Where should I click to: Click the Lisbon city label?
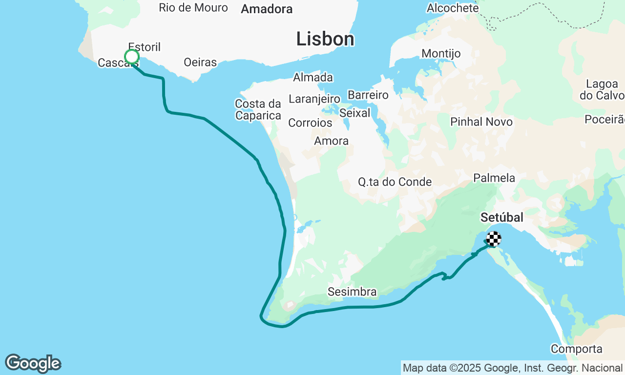pyautogui.click(x=325, y=39)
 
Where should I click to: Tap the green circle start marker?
pyautogui.click(x=132, y=57)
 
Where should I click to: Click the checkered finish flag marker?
pyautogui.click(x=494, y=239)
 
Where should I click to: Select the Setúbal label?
pyautogui.click(x=501, y=217)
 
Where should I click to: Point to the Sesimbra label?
pyautogui.click(x=352, y=292)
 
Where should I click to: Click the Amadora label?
pyautogui.click(x=267, y=9)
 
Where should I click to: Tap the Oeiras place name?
pyautogui.click(x=200, y=62)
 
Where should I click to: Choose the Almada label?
pyautogui.click(x=313, y=77)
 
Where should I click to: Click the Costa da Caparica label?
pyautogui.click(x=258, y=110)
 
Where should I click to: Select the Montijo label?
pyautogui.click(x=441, y=53)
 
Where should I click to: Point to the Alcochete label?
pyautogui.click(x=453, y=8)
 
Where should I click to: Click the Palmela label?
pyautogui.click(x=494, y=178)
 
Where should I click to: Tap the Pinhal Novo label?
pyautogui.click(x=481, y=122)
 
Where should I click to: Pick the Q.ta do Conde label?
pyautogui.click(x=395, y=182)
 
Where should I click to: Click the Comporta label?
pyautogui.click(x=576, y=349)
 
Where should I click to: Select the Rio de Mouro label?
pyautogui.click(x=193, y=8)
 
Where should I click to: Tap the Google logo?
pyautogui.click(x=33, y=364)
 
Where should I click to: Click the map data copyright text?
pyautogui.click(x=513, y=368)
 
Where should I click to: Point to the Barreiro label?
pyautogui.click(x=368, y=95)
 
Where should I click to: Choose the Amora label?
pyautogui.click(x=332, y=141)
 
